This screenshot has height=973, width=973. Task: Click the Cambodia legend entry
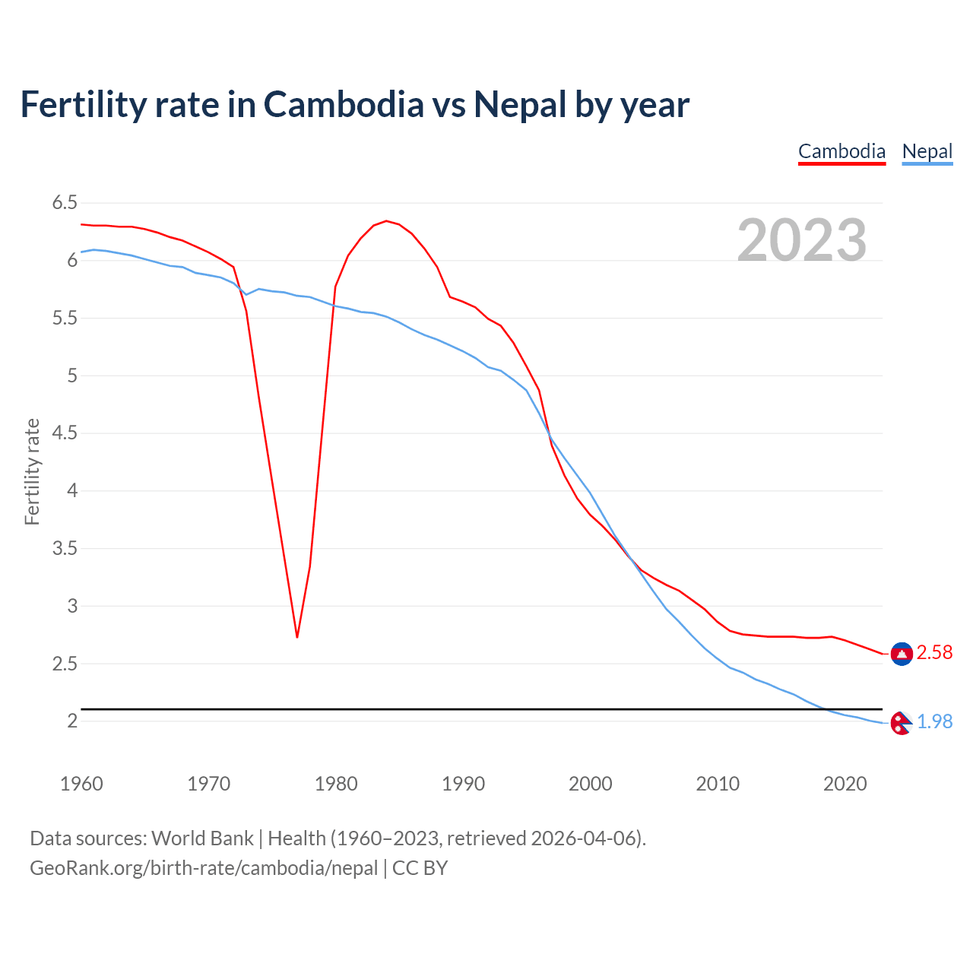pos(841,151)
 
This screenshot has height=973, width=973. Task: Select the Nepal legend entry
pos(927,151)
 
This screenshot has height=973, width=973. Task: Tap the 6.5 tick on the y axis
pos(65,203)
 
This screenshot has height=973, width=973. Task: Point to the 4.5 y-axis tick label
pos(65,433)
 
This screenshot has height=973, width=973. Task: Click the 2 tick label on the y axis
pos(72,721)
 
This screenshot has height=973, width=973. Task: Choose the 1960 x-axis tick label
pos(81,784)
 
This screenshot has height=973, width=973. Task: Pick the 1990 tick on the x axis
pos(463,784)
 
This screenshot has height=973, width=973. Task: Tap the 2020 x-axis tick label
pos(845,784)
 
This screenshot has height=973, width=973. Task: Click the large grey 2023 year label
pos(802,240)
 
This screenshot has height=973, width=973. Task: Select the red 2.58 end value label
pos(934,653)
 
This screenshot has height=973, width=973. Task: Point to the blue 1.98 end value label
pos(934,721)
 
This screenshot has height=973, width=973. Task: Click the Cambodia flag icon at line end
pos(902,654)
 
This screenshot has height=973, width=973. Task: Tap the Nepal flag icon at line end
pos(901,723)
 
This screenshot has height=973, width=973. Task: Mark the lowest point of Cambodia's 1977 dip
pos(297,636)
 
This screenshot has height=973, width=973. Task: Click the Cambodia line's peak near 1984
pos(386,221)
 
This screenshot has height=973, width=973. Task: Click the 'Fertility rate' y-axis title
pos(32,471)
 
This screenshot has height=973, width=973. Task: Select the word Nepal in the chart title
pos(520,104)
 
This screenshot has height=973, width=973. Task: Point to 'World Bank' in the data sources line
pos(202,838)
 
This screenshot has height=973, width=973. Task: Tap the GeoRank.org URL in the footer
pos(204,868)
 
